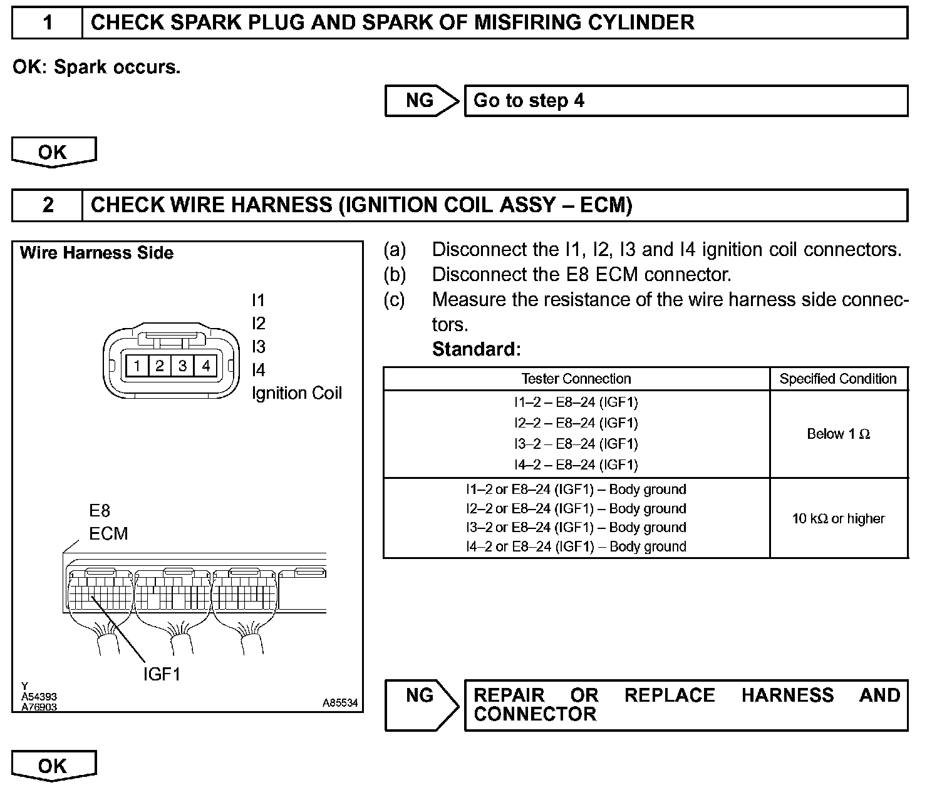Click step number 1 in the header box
(48, 23)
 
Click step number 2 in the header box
(48, 205)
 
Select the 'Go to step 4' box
(685, 101)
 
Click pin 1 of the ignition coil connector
(137, 366)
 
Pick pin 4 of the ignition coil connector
(206, 366)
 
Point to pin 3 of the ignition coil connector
(183, 366)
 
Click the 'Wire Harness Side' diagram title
(96, 253)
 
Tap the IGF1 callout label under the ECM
(162, 674)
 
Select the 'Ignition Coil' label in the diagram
(297, 393)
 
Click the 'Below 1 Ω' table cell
(838, 434)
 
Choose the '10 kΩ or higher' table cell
(838, 518)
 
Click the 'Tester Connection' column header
(576, 379)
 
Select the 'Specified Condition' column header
(838, 379)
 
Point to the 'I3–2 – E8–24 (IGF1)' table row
(576, 444)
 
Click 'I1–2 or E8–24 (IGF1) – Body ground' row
(576, 490)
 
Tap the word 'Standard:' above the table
(476, 349)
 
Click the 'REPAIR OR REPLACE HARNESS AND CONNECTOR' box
(685, 705)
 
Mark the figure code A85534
(340, 703)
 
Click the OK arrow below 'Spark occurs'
(53, 153)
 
